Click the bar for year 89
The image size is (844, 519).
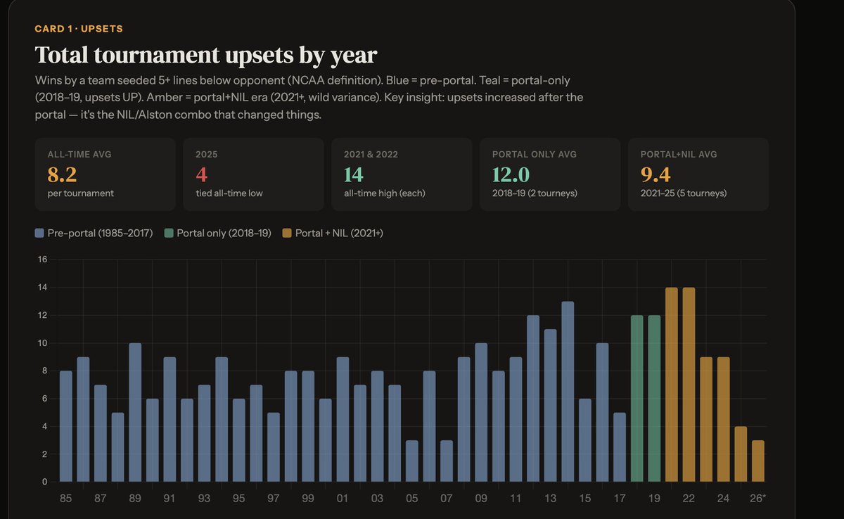[x=135, y=412]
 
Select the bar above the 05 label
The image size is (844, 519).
[x=412, y=461]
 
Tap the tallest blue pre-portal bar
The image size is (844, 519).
[x=568, y=392]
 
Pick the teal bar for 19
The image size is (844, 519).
[x=654, y=399]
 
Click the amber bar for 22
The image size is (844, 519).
[x=689, y=385]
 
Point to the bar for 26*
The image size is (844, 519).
[x=758, y=461]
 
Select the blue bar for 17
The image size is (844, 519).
[x=620, y=447]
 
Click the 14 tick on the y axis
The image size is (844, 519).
[x=43, y=288]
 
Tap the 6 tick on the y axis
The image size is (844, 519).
[x=44, y=399]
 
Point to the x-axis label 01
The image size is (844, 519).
[x=342, y=499]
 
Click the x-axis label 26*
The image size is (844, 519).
[x=757, y=499]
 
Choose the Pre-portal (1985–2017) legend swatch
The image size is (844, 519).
[x=39, y=233]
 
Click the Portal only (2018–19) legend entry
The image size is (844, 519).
[x=218, y=233]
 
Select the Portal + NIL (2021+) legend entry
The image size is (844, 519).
[x=333, y=233]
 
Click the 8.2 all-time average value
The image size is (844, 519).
[x=62, y=174]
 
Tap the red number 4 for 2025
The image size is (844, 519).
[x=202, y=174]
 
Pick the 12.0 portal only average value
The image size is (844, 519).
[x=511, y=174]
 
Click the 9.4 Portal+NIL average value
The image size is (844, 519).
[x=656, y=174]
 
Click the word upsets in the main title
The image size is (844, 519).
[x=260, y=56]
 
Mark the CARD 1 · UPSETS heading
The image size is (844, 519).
[x=79, y=29]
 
